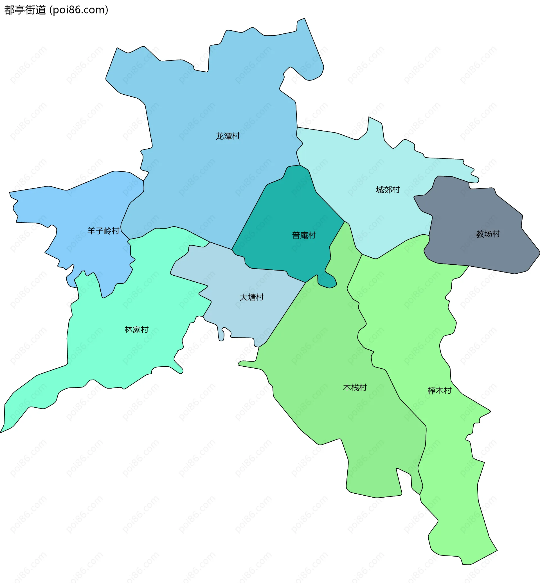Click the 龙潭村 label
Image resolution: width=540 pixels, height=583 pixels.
click(228, 136)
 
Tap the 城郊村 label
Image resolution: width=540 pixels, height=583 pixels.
click(388, 190)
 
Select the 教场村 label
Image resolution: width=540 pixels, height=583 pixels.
click(488, 234)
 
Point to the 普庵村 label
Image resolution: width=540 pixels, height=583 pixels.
click(304, 235)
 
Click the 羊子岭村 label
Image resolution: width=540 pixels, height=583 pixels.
click(103, 231)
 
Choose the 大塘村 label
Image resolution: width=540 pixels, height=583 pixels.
click(252, 297)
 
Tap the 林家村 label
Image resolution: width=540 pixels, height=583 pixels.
click(136, 330)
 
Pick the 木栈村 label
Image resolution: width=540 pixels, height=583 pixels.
click(355, 387)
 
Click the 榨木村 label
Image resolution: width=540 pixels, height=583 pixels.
click(440, 390)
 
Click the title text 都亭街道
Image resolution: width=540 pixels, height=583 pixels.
click(25, 10)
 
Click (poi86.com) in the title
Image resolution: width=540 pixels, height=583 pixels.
click(79, 10)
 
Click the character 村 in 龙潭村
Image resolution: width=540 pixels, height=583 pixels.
click(236, 136)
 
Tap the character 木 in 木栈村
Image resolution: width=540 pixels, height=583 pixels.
click(347, 387)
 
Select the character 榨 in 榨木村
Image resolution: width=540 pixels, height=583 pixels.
click(432, 390)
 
